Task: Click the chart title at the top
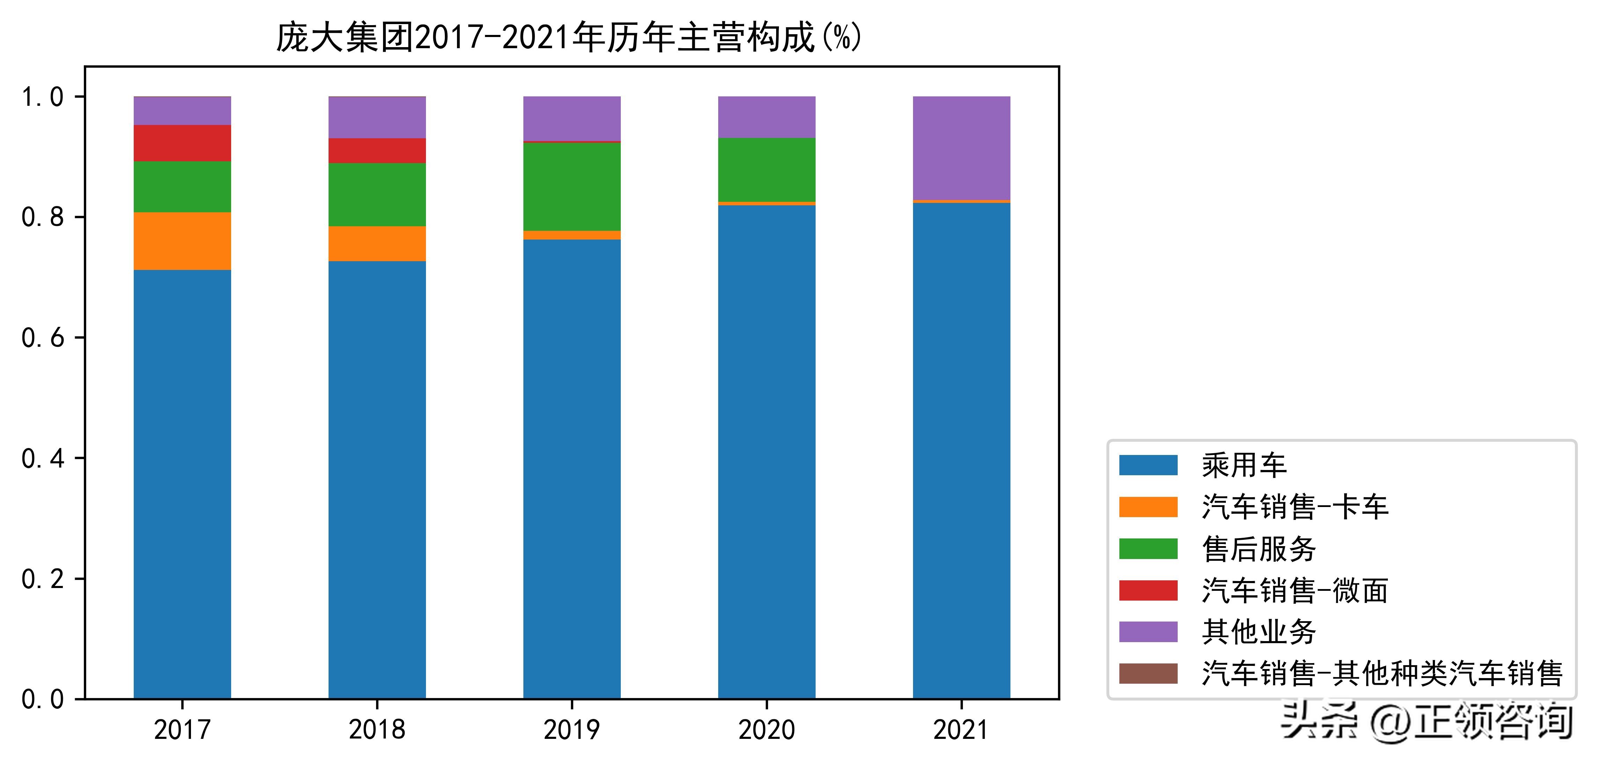(x=568, y=37)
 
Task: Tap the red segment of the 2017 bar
(x=182, y=143)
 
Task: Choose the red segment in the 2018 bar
(x=377, y=151)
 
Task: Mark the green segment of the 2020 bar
(x=766, y=170)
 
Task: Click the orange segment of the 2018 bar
(x=377, y=244)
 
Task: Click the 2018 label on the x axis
(x=377, y=730)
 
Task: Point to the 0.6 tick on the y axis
(x=43, y=338)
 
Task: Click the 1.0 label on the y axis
(x=43, y=97)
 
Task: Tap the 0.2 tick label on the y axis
(x=43, y=579)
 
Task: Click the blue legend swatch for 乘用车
(x=1148, y=465)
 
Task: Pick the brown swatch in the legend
(x=1148, y=674)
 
